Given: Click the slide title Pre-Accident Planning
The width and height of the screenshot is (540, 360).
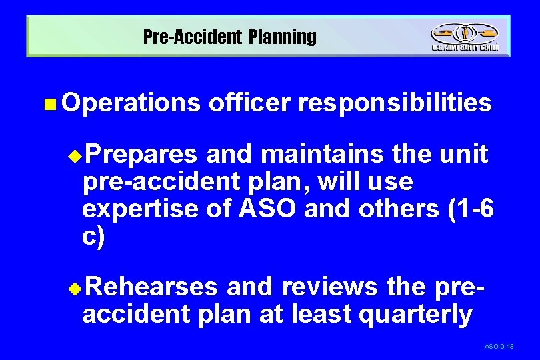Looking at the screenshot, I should (x=230, y=37).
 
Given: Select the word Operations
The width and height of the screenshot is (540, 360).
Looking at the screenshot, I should (x=133, y=103).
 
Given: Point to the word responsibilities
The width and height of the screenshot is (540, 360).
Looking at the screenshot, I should (x=395, y=103).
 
